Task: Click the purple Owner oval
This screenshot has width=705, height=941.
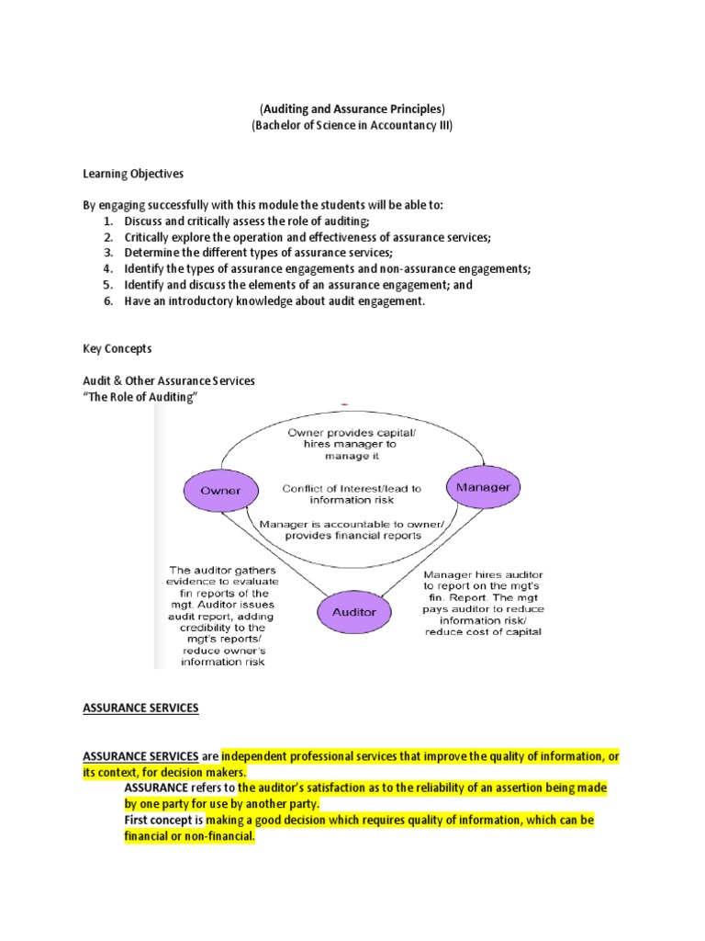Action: [221, 490]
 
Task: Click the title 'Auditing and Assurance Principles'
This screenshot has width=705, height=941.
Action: [352, 109]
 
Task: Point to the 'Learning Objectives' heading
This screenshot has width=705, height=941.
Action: [133, 173]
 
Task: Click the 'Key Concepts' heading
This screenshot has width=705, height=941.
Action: [117, 349]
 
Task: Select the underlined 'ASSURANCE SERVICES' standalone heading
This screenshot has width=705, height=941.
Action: [140, 709]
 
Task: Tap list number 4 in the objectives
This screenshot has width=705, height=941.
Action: [107, 268]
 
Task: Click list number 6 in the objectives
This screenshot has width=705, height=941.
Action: [107, 301]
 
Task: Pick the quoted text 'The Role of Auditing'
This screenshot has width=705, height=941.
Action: [140, 396]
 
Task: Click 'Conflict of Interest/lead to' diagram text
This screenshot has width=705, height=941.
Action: [352, 488]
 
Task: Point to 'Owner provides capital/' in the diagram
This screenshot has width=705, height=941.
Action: [352, 432]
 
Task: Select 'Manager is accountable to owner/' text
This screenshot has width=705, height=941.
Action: [352, 524]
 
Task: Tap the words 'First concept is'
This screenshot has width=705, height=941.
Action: [163, 820]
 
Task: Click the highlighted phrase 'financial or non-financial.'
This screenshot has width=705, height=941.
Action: [189, 837]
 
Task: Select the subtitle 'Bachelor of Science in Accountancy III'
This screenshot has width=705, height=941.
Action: [352, 126]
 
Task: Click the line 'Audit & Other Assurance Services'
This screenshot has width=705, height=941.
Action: [169, 380]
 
